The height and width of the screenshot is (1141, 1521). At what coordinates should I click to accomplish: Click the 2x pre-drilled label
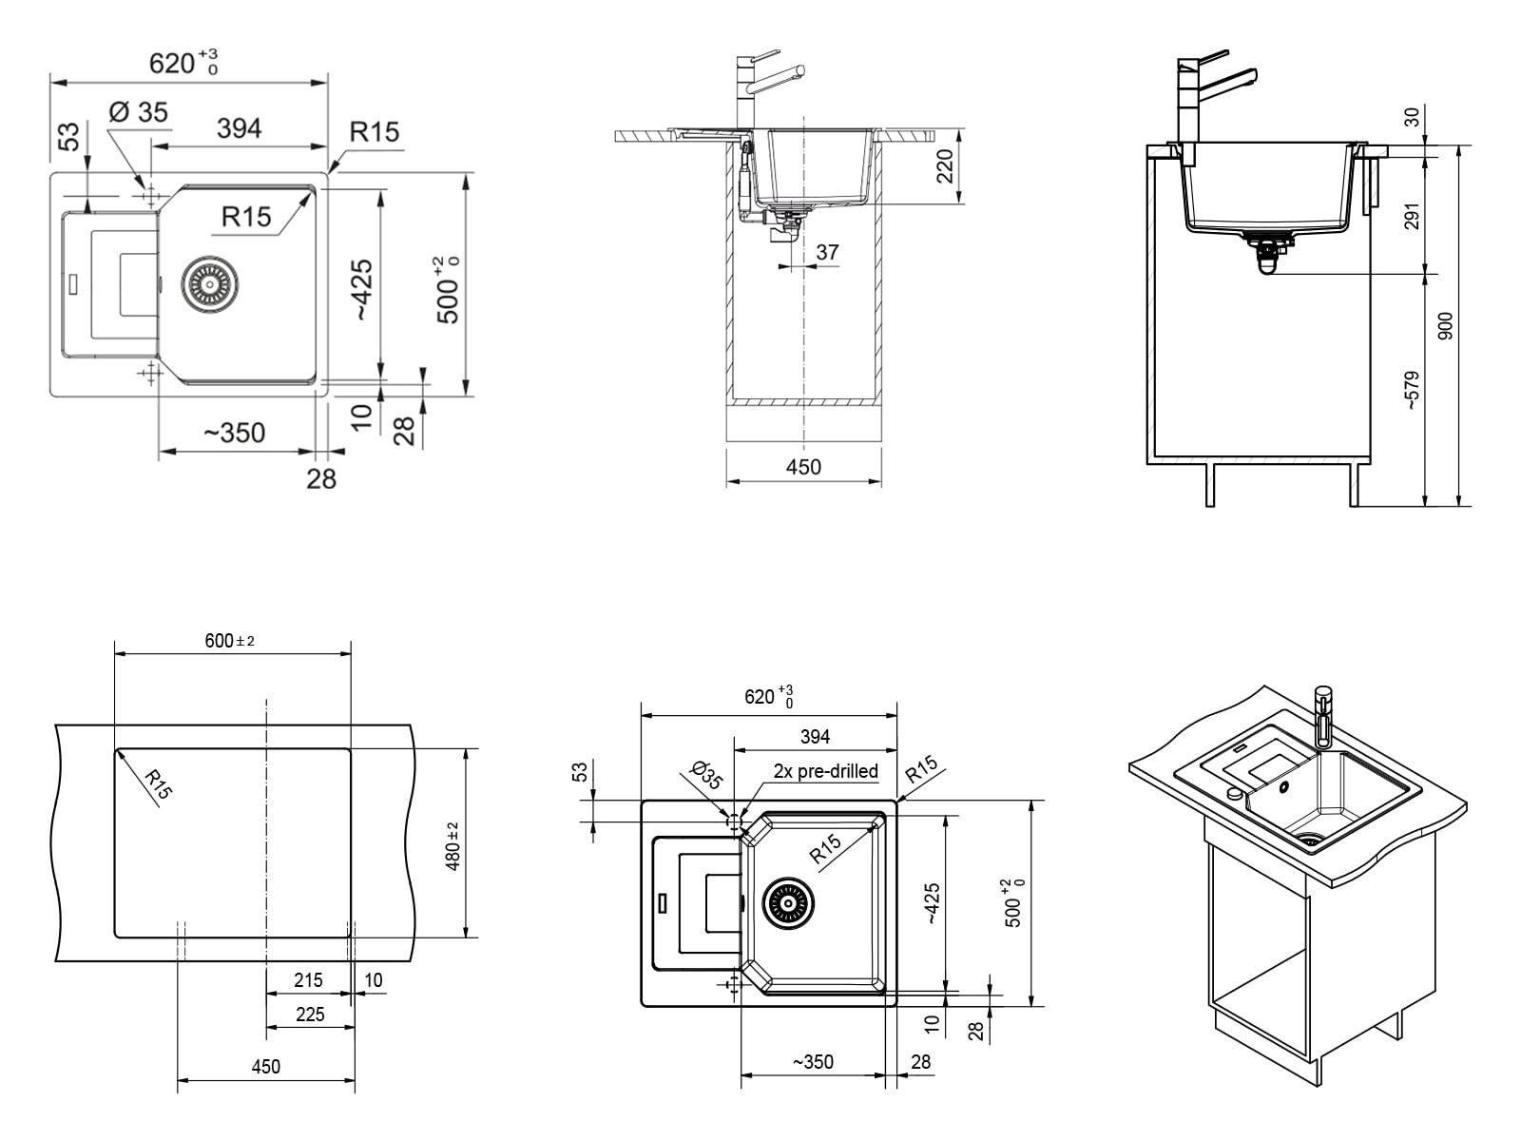coord(825,771)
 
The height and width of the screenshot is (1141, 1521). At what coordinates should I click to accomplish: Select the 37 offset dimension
coord(827,252)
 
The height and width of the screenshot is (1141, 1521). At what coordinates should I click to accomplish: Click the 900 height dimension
coord(1446,326)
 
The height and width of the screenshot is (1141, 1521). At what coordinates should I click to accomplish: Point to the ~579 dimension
coord(1412,390)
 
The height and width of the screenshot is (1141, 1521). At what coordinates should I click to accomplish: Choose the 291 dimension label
coord(1412,216)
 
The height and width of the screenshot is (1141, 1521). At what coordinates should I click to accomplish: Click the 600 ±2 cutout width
coord(229,641)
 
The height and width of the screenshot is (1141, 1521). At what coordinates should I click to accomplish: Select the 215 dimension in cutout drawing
coord(308,979)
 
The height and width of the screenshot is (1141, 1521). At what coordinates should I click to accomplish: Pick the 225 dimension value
coord(310,1015)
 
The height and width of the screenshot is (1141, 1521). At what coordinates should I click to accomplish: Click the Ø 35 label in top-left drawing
coord(139,112)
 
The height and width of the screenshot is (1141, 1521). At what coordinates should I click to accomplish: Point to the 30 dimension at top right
coord(1412,117)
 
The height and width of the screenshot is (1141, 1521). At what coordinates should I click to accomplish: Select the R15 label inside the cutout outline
coord(158,784)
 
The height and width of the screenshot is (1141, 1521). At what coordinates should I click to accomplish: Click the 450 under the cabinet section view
coord(803,467)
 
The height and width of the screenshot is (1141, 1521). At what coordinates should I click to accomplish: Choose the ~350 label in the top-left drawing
coord(234,433)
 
